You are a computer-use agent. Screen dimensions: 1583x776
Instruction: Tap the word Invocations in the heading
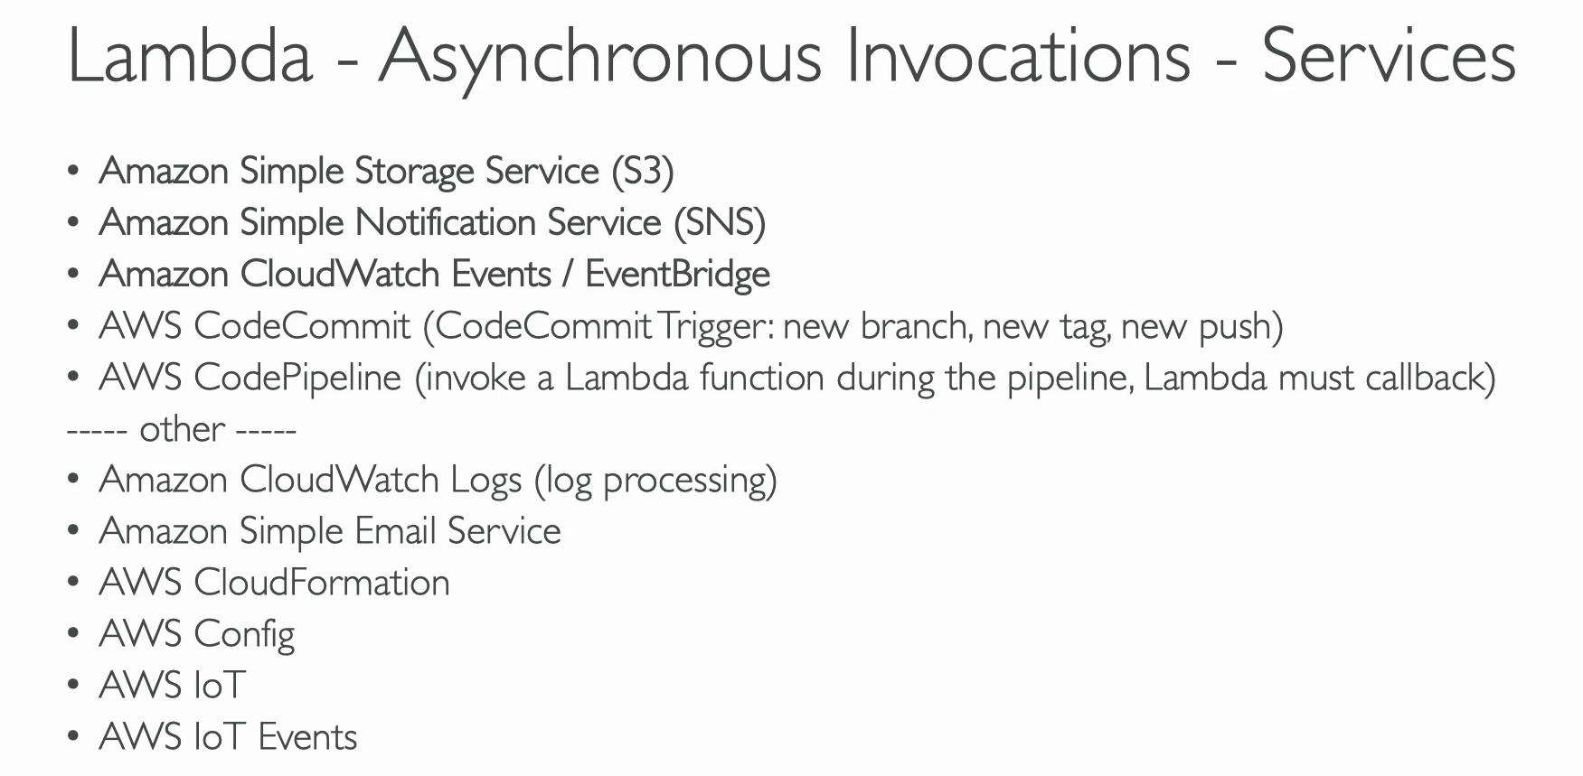pos(1019,56)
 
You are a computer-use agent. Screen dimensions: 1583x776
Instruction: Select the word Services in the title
pos(1389,56)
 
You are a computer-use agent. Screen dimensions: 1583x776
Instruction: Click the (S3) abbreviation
pos(643,172)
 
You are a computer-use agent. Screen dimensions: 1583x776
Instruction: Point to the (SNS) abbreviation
pos(720,223)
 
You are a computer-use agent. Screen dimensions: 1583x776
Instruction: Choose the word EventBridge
pos(678,275)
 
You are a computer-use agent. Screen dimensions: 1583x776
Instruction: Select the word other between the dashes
pos(182,429)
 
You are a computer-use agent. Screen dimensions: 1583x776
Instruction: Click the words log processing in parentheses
pos(655,481)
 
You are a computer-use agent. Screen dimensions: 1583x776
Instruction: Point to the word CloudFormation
pos(322,583)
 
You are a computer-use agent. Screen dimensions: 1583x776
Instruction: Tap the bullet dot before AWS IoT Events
pos(73,737)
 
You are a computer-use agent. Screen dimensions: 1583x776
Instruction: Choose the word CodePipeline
pos(297,378)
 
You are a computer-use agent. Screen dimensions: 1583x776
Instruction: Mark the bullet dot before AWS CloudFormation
pos(73,583)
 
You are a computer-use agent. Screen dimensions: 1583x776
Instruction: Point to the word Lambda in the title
pos(191,56)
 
